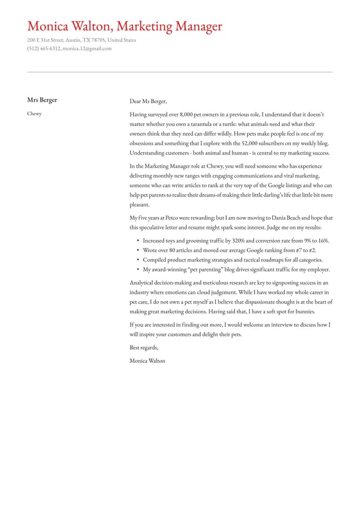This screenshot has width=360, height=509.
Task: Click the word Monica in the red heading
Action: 47,27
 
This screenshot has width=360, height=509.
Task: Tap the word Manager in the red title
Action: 195,27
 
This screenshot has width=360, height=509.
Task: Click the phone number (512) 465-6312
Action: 44,48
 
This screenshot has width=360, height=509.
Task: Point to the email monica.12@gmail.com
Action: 87,48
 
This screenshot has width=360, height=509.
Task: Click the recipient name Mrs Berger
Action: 42,100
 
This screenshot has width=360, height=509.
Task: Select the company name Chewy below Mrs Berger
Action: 34,114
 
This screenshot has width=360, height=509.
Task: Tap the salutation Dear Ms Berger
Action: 148,102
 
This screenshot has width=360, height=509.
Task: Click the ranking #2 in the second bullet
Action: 312,250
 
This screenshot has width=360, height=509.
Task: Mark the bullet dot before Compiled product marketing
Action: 138,260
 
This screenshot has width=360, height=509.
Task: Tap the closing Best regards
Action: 144,347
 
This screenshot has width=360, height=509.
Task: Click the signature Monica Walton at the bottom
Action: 147,360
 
